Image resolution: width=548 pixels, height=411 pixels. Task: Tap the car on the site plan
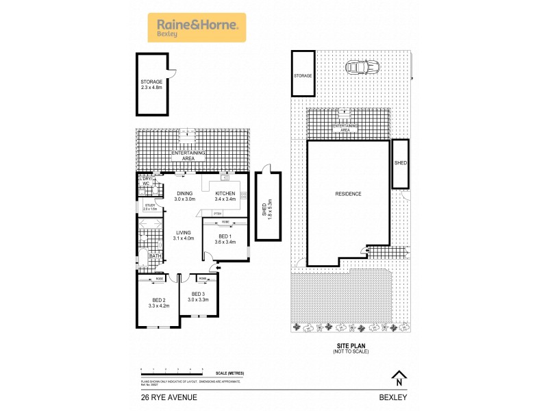point(362,67)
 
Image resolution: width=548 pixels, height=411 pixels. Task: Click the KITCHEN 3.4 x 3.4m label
point(225,197)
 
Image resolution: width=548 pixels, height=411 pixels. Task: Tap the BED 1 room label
point(225,238)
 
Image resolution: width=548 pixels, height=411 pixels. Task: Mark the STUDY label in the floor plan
point(150,206)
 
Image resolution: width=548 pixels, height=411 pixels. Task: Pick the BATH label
point(155,256)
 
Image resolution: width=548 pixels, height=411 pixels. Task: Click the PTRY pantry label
point(217,214)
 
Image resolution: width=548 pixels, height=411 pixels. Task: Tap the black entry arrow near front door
point(218,267)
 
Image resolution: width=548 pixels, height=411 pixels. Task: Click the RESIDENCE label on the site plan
point(348,194)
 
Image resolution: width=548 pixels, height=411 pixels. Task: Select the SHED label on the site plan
point(401,163)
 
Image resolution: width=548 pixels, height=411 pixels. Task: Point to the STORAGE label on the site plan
point(303,75)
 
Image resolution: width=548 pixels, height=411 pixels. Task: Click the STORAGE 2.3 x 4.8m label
point(151,85)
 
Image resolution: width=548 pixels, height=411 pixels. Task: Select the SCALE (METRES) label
point(229,373)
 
